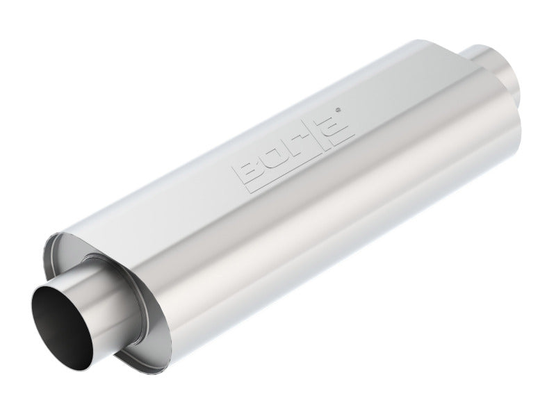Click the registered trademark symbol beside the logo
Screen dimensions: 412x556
coord(338,109)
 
